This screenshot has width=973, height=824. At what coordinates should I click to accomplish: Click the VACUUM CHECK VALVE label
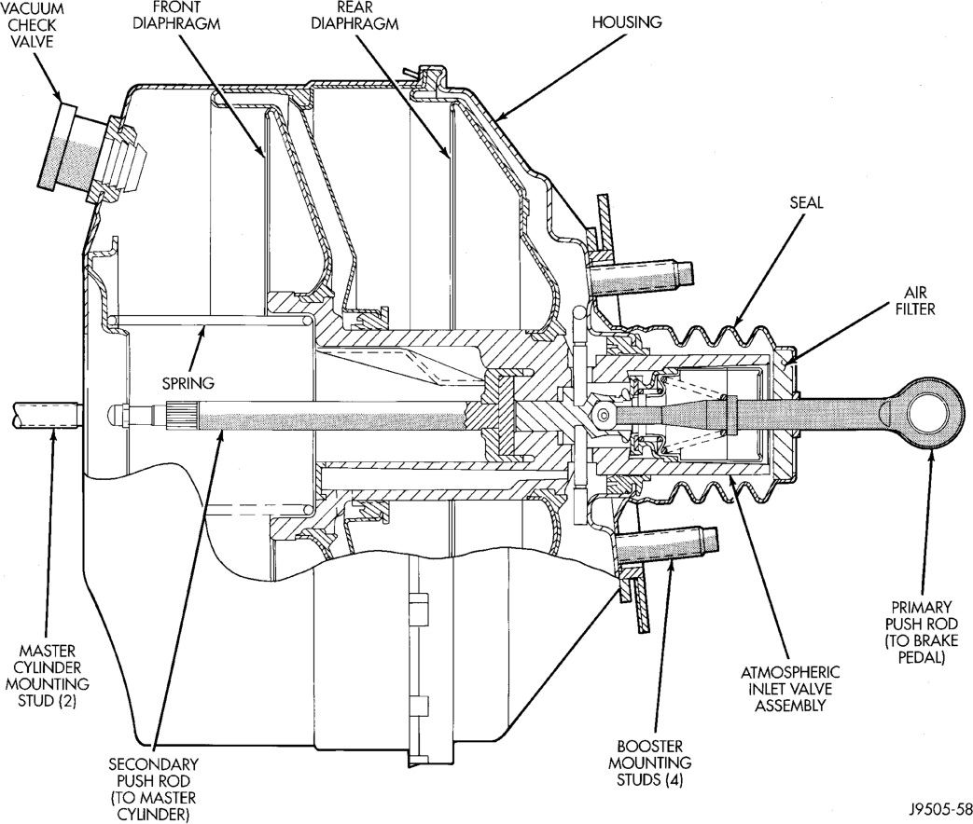pos(32,25)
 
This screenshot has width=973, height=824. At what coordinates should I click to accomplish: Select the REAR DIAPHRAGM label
pos(354,16)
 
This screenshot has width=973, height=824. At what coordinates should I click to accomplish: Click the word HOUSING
pos(627,23)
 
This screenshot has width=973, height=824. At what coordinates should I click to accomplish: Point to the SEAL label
pos(807,202)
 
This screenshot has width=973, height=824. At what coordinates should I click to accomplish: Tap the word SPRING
pos(188,383)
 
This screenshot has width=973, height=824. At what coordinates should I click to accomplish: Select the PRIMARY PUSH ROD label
pos(921,632)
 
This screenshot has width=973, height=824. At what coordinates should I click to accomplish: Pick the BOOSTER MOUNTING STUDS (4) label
pos(649,762)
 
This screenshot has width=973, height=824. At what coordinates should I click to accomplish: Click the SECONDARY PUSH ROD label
pos(153,789)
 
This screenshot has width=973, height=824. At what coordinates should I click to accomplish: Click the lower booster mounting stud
pos(667,544)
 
